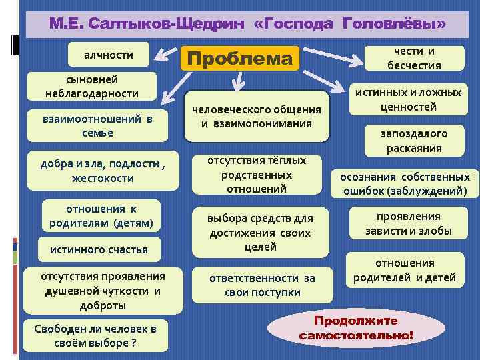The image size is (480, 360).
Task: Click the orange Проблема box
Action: (x=240, y=59)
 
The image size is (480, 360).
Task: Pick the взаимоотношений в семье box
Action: (x=97, y=125)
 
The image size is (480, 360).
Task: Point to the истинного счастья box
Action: (x=99, y=250)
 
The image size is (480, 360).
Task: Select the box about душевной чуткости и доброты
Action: (x=102, y=291)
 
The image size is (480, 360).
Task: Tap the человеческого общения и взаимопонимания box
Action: (x=257, y=117)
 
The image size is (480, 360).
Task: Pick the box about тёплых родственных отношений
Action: (x=257, y=175)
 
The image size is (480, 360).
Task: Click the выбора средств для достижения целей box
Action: (x=260, y=233)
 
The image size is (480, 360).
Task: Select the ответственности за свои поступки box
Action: (x=262, y=285)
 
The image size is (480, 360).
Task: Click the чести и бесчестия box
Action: (x=414, y=58)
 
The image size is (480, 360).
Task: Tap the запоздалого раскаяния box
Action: (x=414, y=141)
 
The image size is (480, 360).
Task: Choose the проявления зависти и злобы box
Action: (x=408, y=223)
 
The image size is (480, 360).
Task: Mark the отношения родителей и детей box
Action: (x=405, y=270)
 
